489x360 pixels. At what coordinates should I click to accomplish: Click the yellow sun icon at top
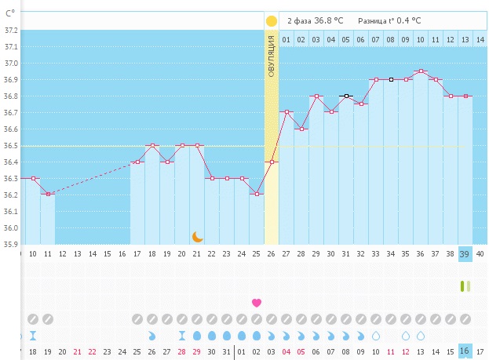point(272,21)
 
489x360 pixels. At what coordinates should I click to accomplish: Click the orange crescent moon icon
point(198,236)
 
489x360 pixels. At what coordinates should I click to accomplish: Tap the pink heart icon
point(256,302)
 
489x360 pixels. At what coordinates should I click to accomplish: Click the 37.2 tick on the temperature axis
point(11,30)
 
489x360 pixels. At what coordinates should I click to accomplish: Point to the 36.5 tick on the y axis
point(11,146)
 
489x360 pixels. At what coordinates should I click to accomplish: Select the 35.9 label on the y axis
point(11,245)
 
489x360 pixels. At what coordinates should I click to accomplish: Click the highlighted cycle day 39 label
point(465,254)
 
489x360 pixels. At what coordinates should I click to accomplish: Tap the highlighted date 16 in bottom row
point(465,352)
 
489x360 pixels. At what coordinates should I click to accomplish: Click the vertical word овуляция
point(272,56)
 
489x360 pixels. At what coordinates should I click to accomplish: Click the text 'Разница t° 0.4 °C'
point(389,21)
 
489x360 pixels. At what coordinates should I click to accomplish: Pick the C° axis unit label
point(10,12)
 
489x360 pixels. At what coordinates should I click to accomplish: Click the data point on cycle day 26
point(272,162)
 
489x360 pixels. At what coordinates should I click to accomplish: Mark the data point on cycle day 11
point(48,194)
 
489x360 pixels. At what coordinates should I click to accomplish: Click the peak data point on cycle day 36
point(421,71)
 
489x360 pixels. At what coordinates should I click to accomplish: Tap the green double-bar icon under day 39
point(465,286)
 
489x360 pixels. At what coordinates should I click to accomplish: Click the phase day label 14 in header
point(480,39)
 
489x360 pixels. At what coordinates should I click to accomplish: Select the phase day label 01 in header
point(286,39)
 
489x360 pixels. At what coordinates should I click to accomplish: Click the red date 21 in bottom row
point(77,352)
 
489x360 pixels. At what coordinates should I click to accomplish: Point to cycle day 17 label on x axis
point(137,254)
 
